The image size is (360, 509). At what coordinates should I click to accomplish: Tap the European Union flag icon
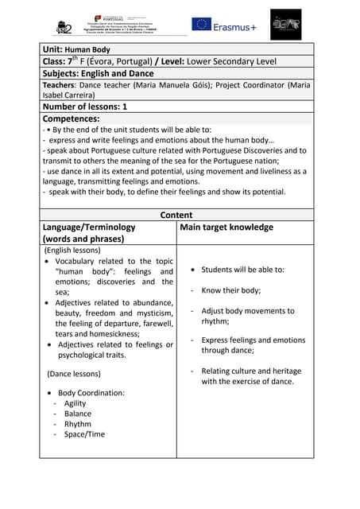click(201, 25)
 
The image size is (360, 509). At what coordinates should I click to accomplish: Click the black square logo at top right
click(285, 25)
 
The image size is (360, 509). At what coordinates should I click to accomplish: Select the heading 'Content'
click(176, 215)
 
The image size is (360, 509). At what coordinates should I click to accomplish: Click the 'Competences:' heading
click(71, 119)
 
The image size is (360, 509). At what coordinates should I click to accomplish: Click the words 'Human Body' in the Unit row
click(88, 49)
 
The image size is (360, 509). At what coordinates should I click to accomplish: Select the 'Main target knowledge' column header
click(226, 227)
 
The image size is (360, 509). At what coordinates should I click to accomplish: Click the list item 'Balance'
click(78, 414)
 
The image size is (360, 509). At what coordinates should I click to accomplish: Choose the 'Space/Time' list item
click(84, 434)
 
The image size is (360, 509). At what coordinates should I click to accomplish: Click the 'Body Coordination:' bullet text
click(91, 393)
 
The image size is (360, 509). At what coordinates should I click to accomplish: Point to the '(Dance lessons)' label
click(74, 373)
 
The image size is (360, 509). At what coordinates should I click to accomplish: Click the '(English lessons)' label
click(76, 250)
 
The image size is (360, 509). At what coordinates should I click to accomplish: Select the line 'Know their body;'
click(231, 290)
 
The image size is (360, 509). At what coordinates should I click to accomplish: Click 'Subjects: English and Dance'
click(98, 72)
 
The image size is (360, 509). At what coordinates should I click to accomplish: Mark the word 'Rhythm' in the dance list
click(78, 424)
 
